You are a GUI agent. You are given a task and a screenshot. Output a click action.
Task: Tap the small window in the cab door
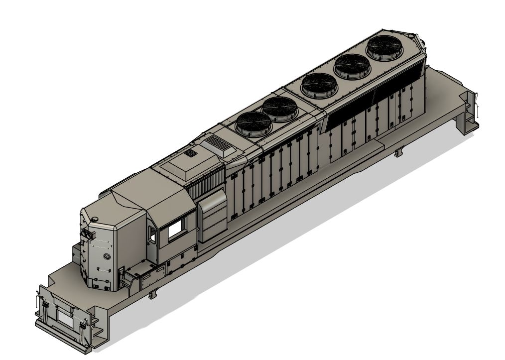pos(151,234)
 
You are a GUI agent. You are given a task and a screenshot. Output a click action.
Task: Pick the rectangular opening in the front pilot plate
pos(64,315)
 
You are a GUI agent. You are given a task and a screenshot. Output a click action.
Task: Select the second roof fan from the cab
pos(280,108)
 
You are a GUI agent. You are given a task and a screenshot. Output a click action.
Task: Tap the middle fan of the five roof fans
pos(317,84)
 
